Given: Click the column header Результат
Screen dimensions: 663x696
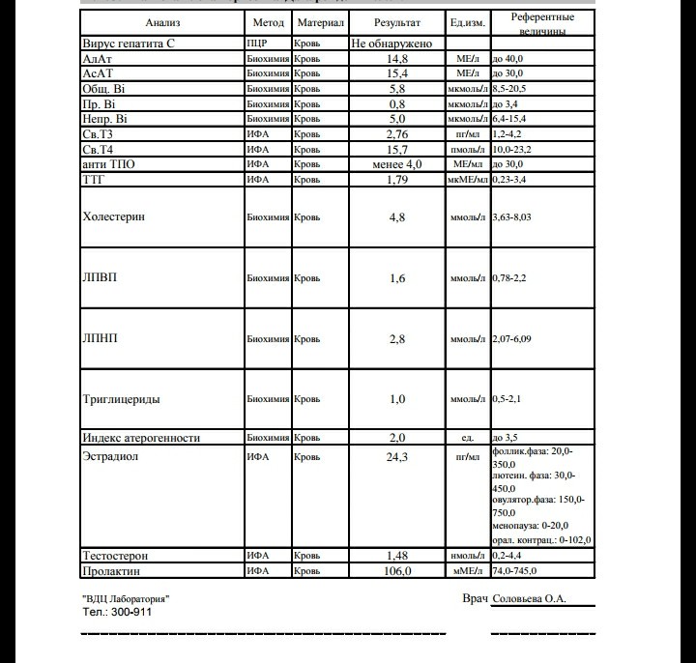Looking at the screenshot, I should click(397, 22).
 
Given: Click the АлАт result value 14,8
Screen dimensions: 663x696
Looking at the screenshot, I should click(397, 59).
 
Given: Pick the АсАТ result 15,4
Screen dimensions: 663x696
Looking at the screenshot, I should click(397, 73).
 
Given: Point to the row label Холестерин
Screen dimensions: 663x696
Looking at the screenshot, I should click(115, 217).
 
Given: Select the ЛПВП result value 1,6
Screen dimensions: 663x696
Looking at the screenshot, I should click(397, 278).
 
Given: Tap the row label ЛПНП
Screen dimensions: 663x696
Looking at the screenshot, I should click(101, 338).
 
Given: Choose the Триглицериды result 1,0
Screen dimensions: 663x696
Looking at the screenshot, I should click(397, 399).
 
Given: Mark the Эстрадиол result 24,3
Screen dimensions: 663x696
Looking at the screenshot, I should click(397, 456).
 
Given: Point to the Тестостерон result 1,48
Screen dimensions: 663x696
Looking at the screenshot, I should click(397, 556).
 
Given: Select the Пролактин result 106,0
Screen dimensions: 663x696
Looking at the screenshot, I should click(397, 571).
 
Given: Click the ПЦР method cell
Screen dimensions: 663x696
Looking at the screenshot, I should click(258, 44).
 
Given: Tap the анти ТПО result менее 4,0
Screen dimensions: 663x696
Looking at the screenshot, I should click(397, 165).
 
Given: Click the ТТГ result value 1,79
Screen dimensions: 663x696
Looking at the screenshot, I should click(397, 180).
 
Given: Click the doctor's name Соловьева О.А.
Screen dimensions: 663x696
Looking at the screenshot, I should click(529, 599).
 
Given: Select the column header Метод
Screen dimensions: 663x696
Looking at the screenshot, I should click(268, 22).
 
